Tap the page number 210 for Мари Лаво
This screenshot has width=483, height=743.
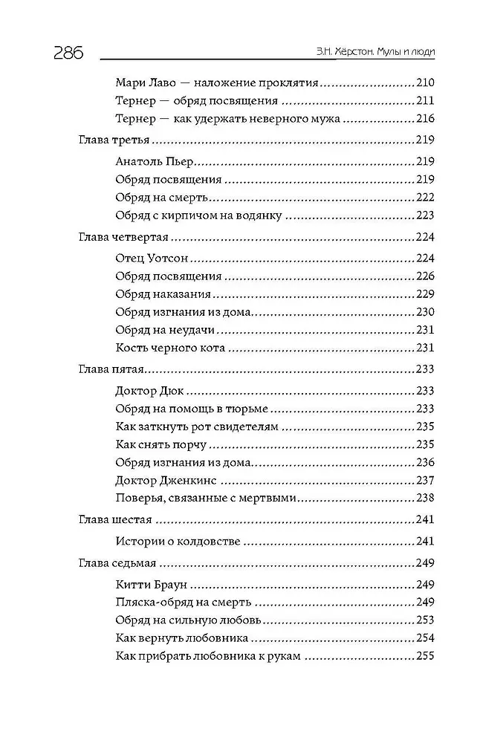pyautogui.click(x=424, y=83)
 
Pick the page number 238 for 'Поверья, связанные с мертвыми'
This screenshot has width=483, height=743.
pyautogui.click(x=424, y=498)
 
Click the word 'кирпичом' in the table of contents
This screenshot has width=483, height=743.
pyautogui.click(x=201, y=215)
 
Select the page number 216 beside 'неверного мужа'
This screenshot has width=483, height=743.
pyautogui.click(x=424, y=119)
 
